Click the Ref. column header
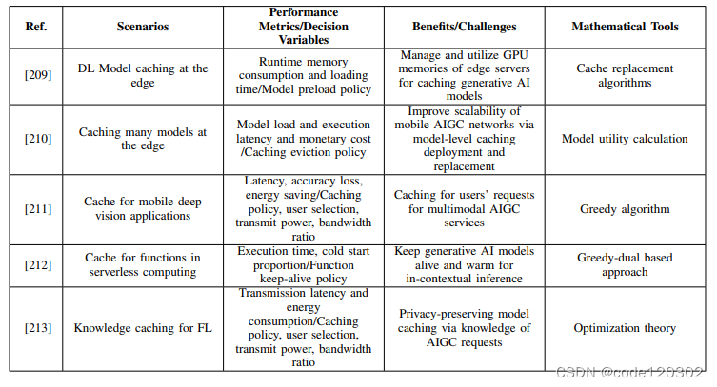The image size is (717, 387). tap(38, 27)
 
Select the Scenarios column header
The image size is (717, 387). tap(143, 27)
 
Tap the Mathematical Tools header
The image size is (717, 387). tap(625, 27)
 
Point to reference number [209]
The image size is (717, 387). tap(38, 76)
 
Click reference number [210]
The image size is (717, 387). tap(38, 139)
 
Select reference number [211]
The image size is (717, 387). tap(38, 208)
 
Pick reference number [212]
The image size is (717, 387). tap(38, 264)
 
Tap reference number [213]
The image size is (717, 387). tap(38, 328)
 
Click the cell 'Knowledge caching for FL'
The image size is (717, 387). tap(143, 328)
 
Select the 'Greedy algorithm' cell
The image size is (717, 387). tap(625, 209)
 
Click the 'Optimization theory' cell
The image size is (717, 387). tap(625, 328)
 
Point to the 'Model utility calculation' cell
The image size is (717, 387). tap(625, 139)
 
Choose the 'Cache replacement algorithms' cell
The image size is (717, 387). tap(625, 76)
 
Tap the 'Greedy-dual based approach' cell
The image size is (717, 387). tap(625, 264)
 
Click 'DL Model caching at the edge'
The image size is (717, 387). tap(143, 76)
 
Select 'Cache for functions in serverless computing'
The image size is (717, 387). tap(143, 264)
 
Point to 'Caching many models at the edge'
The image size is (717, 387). tap(143, 139)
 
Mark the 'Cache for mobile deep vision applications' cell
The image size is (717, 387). tap(143, 208)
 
